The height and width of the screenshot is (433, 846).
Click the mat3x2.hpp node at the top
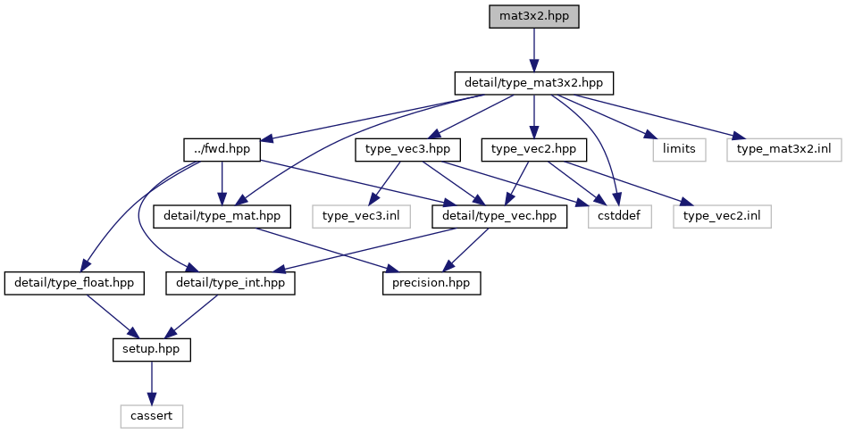click(x=533, y=16)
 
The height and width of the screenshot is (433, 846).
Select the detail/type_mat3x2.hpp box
click(x=533, y=83)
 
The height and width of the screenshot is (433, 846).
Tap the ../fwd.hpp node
click(x=221, y=149)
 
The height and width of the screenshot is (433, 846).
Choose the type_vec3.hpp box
click(x=408, y=149)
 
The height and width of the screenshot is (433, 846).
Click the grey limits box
click(x=679, y=149)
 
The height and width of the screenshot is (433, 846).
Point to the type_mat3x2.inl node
click(x=783, y=149)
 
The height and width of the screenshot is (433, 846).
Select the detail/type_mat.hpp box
click(x=222, y=216)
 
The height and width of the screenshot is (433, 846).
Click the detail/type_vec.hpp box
click(x=498, y=216)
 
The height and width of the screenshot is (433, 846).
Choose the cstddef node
click(x=620, y=216)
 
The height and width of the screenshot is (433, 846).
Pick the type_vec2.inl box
click(x=721, y=216)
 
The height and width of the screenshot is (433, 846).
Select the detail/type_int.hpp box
click(x=230, y=283)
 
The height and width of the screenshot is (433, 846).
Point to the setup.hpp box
click(x=151, y=349)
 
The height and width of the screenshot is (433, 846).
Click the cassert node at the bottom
click(x=151, y=415)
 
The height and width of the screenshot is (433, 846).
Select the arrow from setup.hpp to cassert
click(x=151, y=382)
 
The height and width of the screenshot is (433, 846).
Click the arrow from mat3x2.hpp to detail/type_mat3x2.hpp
click(x=533, y=49)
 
